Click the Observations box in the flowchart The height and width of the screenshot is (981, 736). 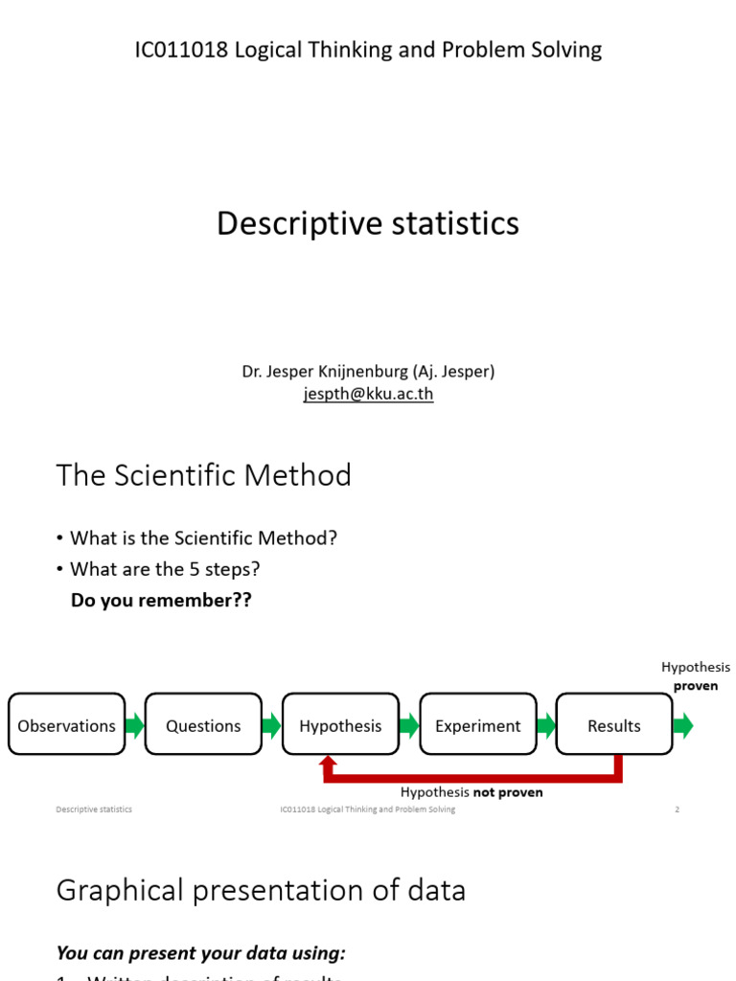(66, 725)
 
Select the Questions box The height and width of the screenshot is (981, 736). (203, 725)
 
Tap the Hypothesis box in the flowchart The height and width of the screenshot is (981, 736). (340, 725)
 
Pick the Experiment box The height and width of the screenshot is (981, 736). (477, 725)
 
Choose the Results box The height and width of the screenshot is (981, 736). (614, 725)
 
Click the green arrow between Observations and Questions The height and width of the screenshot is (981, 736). (134, 725)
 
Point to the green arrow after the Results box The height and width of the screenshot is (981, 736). (682, 725)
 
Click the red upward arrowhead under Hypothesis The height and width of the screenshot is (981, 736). (328, 764)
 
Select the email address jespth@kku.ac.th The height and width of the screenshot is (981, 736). (368, 394)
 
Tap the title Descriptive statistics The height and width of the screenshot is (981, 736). (368, 223)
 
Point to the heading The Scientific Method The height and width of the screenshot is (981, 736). (203, 474)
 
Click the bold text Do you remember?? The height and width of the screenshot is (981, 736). (161, 601)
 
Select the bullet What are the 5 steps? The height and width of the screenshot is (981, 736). (165, 569)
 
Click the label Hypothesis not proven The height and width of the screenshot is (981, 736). (471, 792)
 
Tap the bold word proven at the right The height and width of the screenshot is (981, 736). (696, 686)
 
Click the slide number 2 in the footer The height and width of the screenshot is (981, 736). (677, 810)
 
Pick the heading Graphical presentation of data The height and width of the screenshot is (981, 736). (261, 890)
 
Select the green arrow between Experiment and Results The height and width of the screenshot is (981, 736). (545, 725)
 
